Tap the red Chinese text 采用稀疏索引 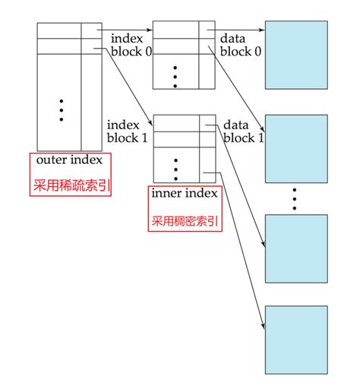click(x=70, y=185)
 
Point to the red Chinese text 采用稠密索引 click(x=185, y=221)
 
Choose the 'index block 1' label click(x=127, y=131)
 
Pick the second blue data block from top click(x=295, y=148)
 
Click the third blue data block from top click(x=295, y=248)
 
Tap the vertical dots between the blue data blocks click(x=295, y=200)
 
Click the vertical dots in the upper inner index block click(x=175, y=76)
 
